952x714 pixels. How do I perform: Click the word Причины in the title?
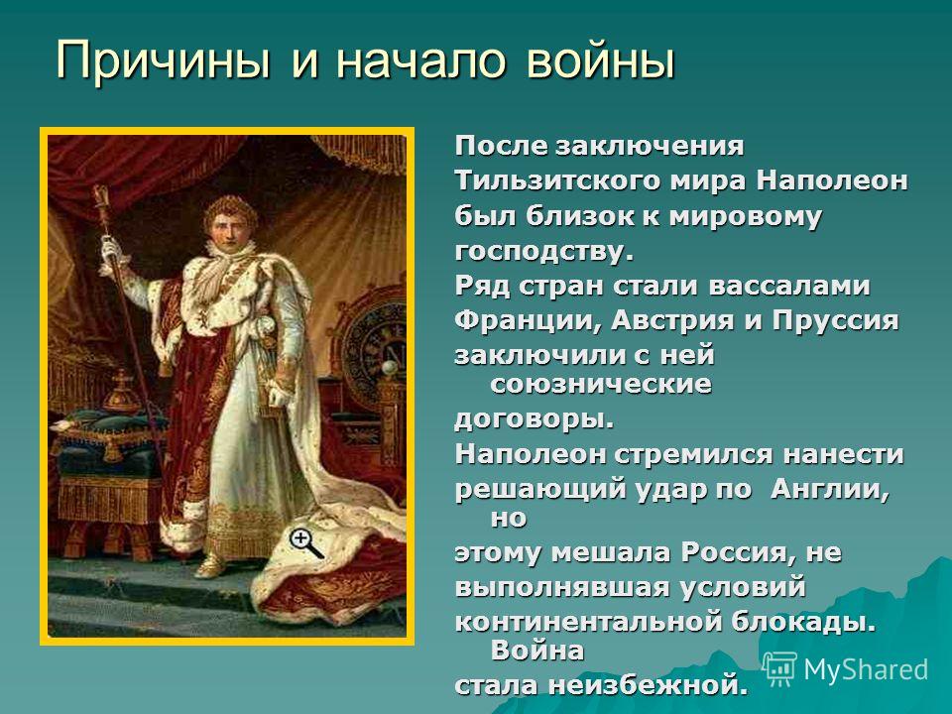click(x=163, y=60)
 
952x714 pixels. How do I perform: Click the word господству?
click(x=544, y=251)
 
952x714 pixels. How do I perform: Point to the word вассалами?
click(x=788, y=286)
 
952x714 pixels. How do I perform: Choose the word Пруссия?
click(x=835, y=320)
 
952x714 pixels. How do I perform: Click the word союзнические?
click(x=601, y=384)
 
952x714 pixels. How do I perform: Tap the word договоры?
click(x=535, y=418)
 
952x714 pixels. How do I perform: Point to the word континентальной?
click(x=587, y=622)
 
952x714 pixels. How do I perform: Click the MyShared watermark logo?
click(x=845, y=669)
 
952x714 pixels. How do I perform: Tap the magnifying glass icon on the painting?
click(x=304, y=542)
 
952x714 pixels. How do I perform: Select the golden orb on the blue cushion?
click(x=121, y=393)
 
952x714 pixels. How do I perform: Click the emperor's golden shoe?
click(x=210, y=567)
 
